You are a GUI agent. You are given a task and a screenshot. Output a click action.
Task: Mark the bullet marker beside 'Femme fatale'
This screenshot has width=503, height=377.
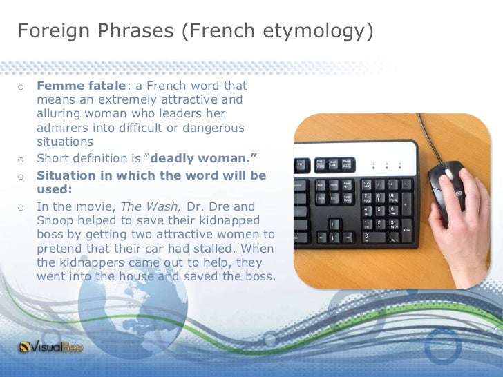pos(21,87)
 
